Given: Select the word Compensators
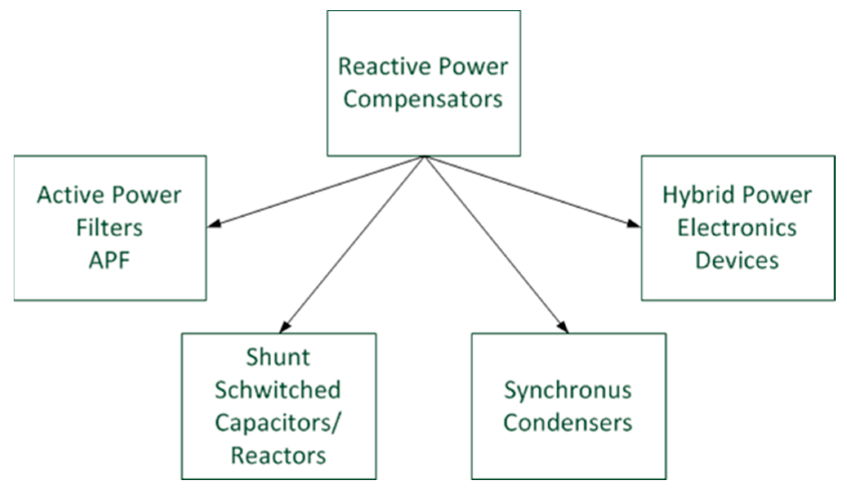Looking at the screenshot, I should pos(423,99).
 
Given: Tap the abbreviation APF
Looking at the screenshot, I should pos(109,260).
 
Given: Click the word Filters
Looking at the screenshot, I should pos(109,228).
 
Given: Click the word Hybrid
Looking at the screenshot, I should pos(697,195).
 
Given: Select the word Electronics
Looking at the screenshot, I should pos(737,228).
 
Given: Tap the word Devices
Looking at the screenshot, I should pos(737,260).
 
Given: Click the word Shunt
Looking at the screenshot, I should pos(278,357).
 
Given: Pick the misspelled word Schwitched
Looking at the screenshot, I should pos(278,390).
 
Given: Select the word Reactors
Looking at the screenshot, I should pos(278,455).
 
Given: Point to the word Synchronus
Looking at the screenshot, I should pos(568,390).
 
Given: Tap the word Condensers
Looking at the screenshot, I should pos(568,423).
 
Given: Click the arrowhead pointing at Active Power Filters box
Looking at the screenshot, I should pos(214,224).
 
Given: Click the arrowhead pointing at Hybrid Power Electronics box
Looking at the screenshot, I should pos(634,224).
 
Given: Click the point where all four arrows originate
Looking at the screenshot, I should pos(425,157).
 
